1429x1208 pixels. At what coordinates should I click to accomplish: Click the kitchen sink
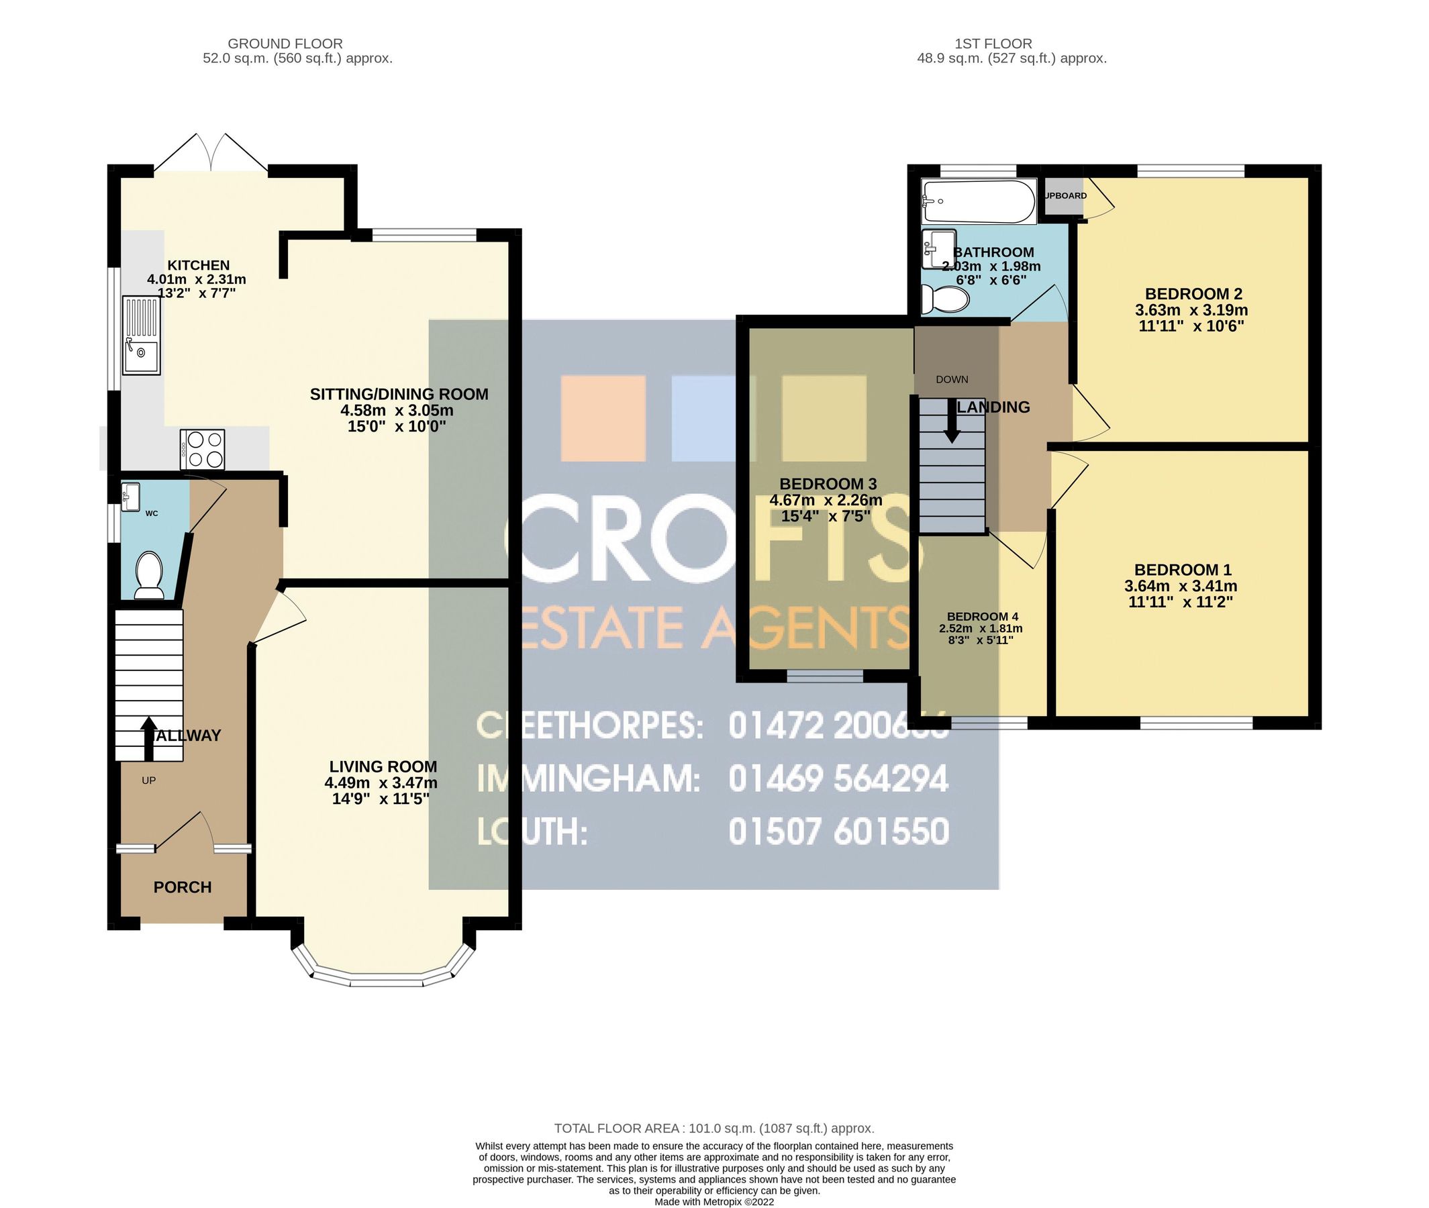click(x=141, y=335)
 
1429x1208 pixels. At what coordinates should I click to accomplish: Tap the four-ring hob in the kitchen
click(x=202, y=449)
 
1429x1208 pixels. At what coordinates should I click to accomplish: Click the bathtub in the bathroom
click(x=977, y=201)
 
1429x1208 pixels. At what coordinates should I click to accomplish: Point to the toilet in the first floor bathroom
click(x=946, y=299)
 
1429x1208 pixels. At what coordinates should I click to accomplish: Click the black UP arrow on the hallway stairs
click(x=148, y=738)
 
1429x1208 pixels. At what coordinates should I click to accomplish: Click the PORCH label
click(x=182, y=887)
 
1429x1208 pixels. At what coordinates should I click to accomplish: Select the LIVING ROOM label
click(x=383, y=766)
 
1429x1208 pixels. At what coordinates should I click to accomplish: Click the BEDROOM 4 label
click(x=982, y=616)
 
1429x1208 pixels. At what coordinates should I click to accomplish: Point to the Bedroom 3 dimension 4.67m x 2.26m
click(x=826, y=500)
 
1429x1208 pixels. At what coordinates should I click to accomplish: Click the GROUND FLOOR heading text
click(x=285, y=44)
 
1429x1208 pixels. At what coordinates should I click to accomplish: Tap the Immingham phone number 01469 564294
click(x=838, y=778)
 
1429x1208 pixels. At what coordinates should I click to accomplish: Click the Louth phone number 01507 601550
click(x=838, y=832)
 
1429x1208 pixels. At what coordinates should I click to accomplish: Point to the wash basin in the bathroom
click(x=938, y=249)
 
